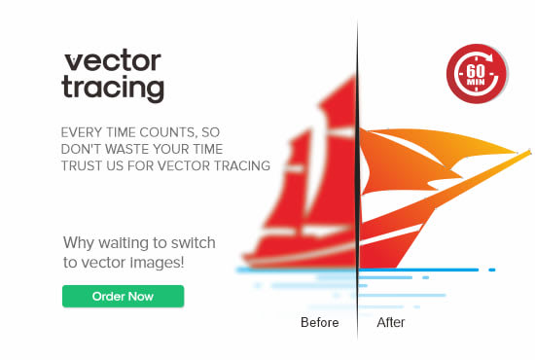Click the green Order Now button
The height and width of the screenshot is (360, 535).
coord(124,296)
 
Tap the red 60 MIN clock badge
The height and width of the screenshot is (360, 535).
coord(477,73)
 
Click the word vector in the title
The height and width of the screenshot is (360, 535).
coord(113,61)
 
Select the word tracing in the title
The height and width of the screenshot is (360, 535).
coord(113,88)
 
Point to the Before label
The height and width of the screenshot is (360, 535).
coord(320,322)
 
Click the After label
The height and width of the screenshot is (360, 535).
coord(391,322)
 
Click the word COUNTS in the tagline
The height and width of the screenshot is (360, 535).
coord(168,132)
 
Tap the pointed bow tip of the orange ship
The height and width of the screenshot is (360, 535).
coord(530,152)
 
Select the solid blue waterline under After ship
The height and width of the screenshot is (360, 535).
coord(419,270)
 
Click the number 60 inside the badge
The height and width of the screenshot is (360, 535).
coord(476,71)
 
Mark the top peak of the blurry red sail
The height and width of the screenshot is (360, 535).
coord(352,77)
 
